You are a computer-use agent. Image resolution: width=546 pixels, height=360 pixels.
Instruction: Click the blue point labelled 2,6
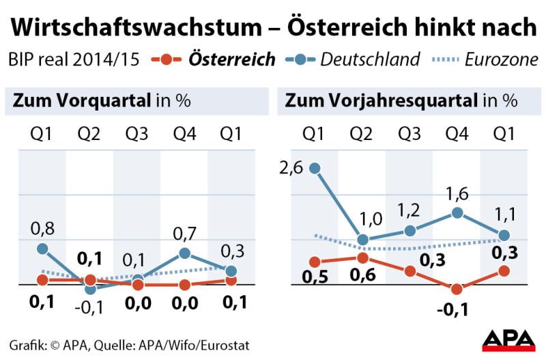[x=315, y=167]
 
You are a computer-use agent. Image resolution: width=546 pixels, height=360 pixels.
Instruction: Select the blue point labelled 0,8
[x=42, y=249]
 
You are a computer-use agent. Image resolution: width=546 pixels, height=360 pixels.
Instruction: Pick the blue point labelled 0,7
[x=184, y=253]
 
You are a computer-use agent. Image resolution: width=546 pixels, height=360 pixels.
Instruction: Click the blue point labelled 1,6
[x=457, y=213]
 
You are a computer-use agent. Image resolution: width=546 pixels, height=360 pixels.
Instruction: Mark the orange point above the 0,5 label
[x=315, y=262]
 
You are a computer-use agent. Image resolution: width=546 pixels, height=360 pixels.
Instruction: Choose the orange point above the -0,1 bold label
[x=457, y=289]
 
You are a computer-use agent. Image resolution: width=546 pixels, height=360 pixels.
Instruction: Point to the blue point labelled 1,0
[x=362, y=240]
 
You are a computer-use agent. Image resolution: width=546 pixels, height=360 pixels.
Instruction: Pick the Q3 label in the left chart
[x=136, y=133]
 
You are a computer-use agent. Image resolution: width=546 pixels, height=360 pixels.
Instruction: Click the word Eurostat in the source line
[x=222, y=345]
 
